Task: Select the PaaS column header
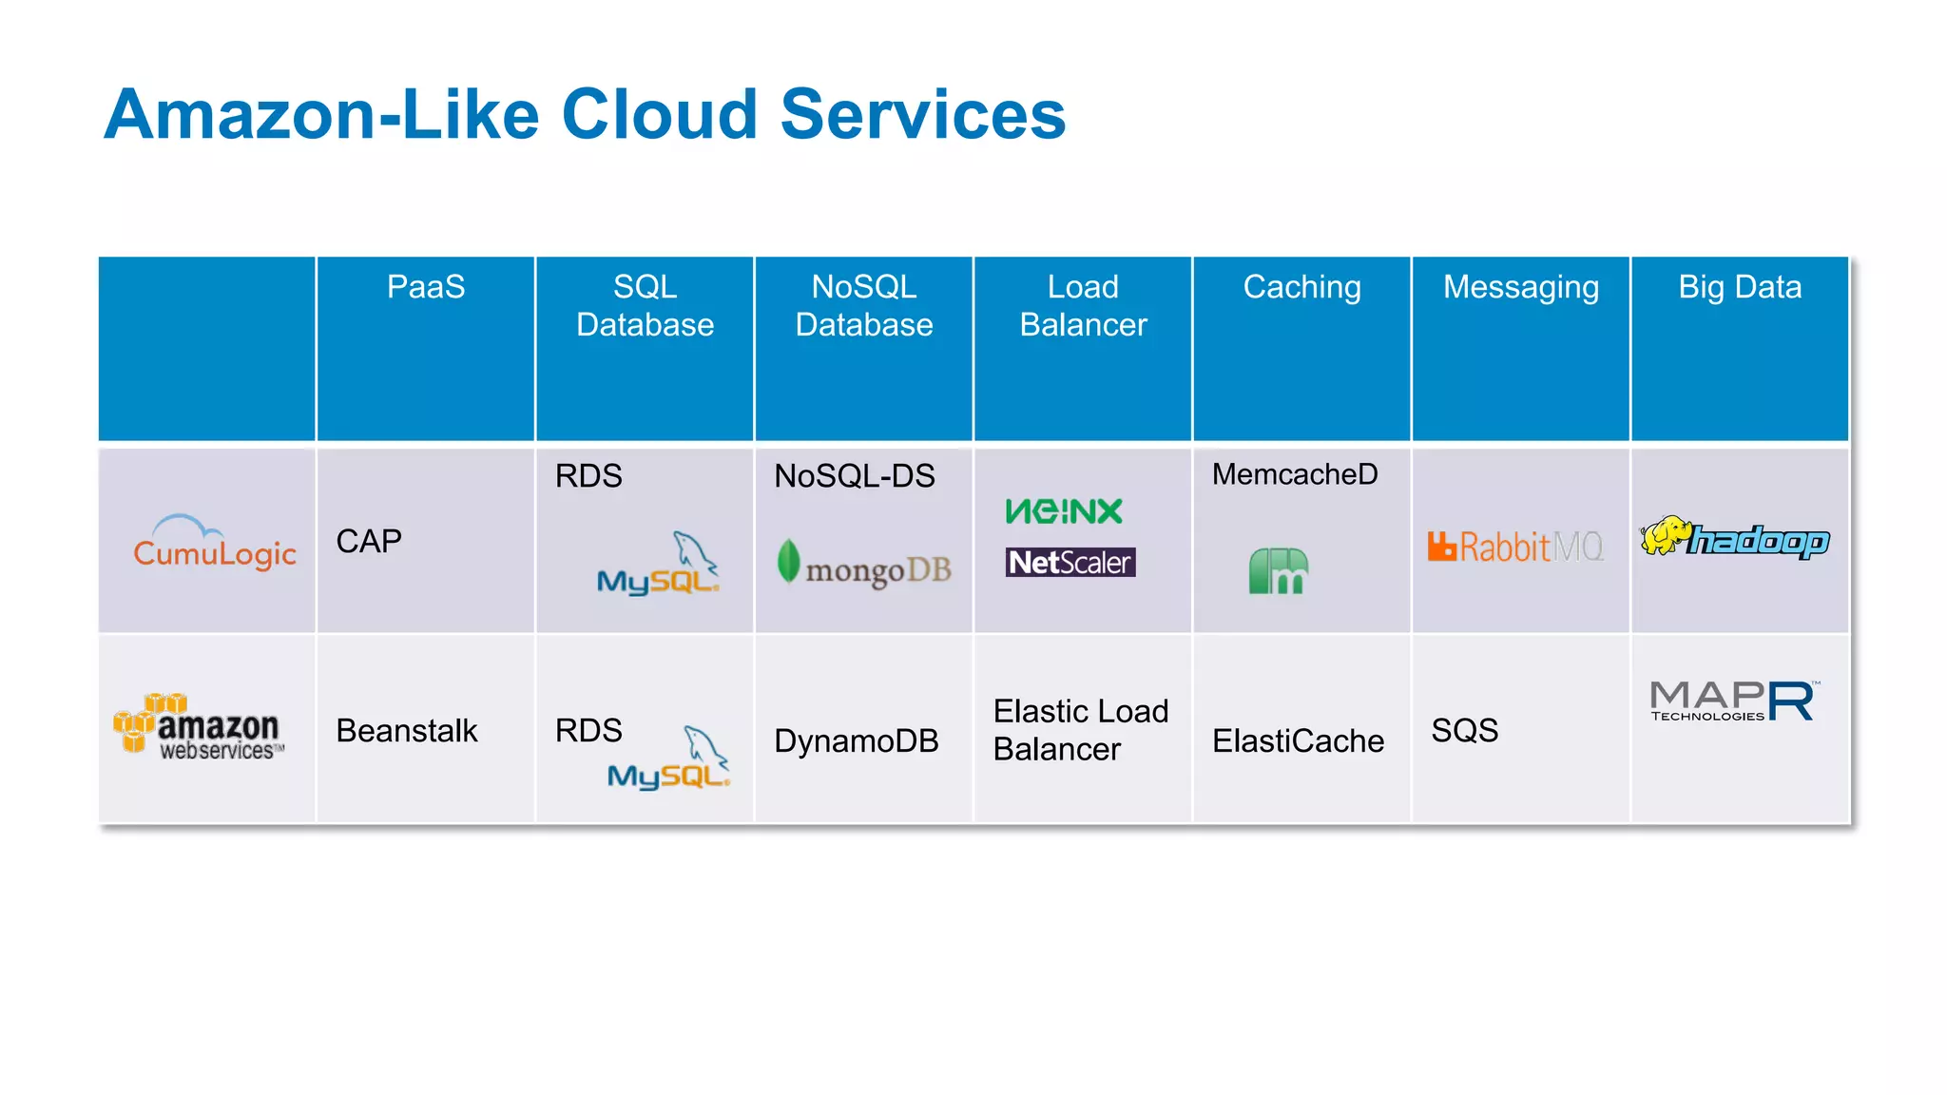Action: point(425,287)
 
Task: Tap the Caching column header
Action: point(1301,287)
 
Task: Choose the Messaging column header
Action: point(1520,287)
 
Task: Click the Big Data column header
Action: point(1739,287)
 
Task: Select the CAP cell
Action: point(369,542)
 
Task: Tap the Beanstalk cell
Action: point(407,731)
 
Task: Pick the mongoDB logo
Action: point(864,565)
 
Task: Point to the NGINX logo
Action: point(1064,511)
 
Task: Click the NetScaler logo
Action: point(1070,563)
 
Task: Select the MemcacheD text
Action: point(1294,474)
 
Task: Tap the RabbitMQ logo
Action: point(1515,547)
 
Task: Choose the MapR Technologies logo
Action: point(1733,701)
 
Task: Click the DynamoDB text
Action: point(856,741)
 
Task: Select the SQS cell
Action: point(1464,731)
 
